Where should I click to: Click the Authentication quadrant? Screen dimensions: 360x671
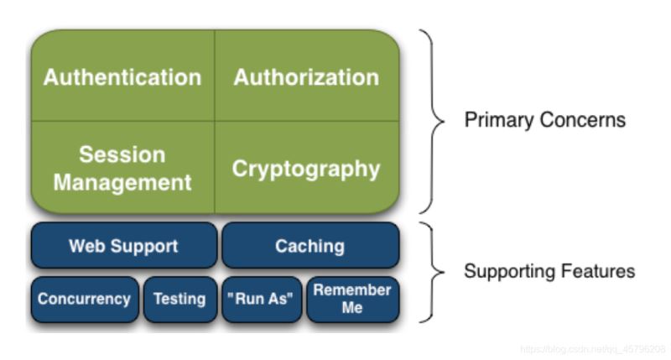tap(122, 77)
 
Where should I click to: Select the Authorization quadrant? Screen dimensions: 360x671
tap(306, 77)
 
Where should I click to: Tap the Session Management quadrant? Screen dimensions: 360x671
tap(122, 168)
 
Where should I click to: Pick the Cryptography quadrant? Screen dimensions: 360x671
tap(306, 169)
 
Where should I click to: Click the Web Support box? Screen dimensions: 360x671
tap(123, 246)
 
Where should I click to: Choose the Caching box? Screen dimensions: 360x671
tap(309, 246)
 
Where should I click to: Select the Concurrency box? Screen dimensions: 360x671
tap(84, 299)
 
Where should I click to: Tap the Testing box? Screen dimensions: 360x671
tap(179, 299)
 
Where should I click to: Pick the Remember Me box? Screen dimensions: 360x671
tap(352, 299)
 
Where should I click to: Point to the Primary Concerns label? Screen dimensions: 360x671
tap(544, 120)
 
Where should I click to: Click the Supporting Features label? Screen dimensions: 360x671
tap(549, 271)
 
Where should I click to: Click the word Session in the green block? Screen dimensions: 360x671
tap(122, 154)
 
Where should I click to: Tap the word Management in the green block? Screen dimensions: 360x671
tap(122, 181)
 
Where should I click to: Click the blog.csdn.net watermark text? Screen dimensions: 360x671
tap(592, 348)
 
